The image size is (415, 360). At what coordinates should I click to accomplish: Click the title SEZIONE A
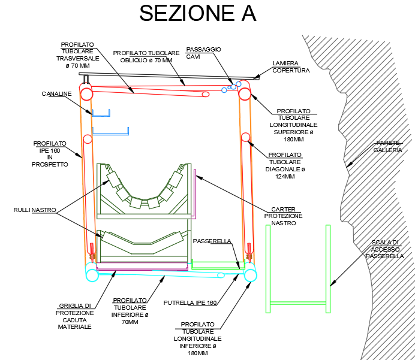click(197, 13)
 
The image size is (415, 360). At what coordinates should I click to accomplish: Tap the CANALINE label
click(56, 94)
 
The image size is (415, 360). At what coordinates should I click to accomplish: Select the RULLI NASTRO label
click(35, 210)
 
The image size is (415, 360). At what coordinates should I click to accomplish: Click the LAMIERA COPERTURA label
click(291, 67)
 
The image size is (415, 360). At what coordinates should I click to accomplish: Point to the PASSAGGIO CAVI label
click(203, 53)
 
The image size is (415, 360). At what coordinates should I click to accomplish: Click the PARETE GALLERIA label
click(388, 147)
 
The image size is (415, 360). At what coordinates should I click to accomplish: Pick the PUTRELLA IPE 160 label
click(190, 303)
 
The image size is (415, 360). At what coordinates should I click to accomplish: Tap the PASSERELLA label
click(212, 241)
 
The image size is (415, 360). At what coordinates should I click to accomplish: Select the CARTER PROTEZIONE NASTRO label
click(283, 216)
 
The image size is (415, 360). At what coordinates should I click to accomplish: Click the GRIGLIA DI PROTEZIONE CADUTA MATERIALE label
click(74, 316)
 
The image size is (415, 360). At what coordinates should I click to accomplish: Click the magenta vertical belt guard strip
click(195, 194)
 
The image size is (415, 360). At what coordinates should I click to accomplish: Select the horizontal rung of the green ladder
click(297, 303)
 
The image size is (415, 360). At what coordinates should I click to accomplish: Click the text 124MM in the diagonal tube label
click(285, 177)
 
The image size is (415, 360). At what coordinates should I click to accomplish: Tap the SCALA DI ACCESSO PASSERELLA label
click(385, 249)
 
